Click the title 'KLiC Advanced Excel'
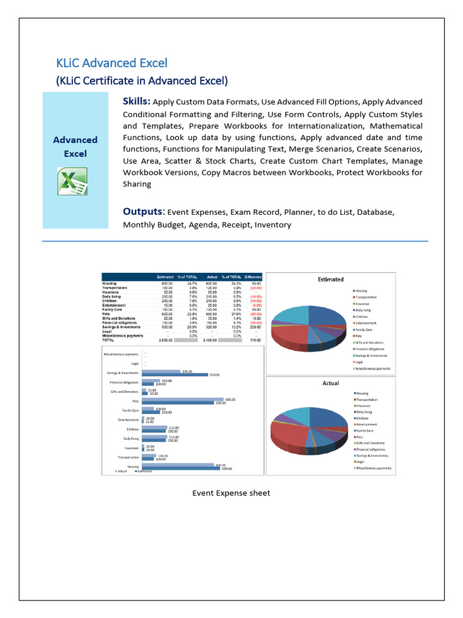112,63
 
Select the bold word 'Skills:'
137,101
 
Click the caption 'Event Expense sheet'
231,493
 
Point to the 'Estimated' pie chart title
330,279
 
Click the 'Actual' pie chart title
330,383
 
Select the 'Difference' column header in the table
253,277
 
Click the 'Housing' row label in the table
110,283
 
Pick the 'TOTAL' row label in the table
109,340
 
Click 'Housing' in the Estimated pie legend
362,291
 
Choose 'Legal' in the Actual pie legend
359,462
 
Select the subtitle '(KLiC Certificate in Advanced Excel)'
142,80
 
